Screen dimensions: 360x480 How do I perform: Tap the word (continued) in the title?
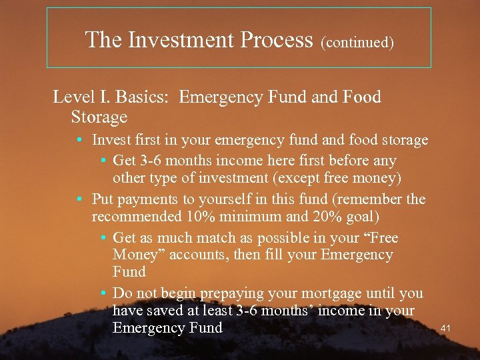pyautogui.click(x=357, y=43)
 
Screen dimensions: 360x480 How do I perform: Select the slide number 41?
pyautogui.click(x=447, y=328)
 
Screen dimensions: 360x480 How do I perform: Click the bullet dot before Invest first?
pyautogui.click(x=79, y=141)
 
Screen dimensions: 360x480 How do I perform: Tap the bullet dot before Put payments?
pyautogui.click(x=79, y=199)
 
